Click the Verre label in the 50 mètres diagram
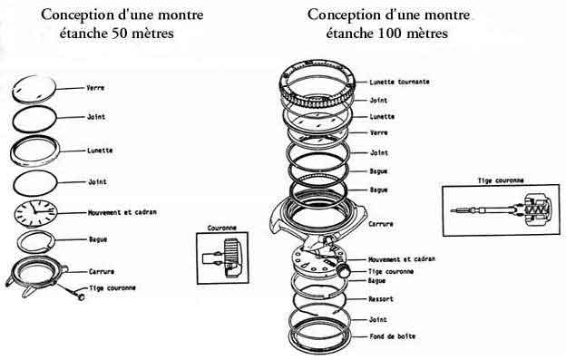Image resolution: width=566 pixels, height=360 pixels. point(95,88)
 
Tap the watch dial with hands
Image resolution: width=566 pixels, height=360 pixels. point(35,213)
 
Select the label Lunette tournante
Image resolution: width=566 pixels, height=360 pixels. point(399,82)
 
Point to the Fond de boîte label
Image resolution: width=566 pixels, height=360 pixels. point(393,336)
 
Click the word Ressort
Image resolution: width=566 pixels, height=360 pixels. point(381,299)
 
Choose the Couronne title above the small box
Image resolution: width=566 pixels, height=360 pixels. point(222,228)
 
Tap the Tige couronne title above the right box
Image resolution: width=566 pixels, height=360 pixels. point(501,180)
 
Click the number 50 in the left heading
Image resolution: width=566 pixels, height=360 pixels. point(119,34)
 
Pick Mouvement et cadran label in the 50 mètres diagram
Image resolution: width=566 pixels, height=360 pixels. point(122,212)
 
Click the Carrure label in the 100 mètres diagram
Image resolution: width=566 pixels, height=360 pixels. point(381,224)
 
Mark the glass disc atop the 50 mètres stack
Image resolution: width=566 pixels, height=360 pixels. point(34,89)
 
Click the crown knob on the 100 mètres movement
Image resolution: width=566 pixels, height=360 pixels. point(344,270)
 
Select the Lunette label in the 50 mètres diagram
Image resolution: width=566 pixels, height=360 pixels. point(100,151)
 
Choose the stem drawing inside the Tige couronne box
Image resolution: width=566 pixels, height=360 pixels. point(502,210)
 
